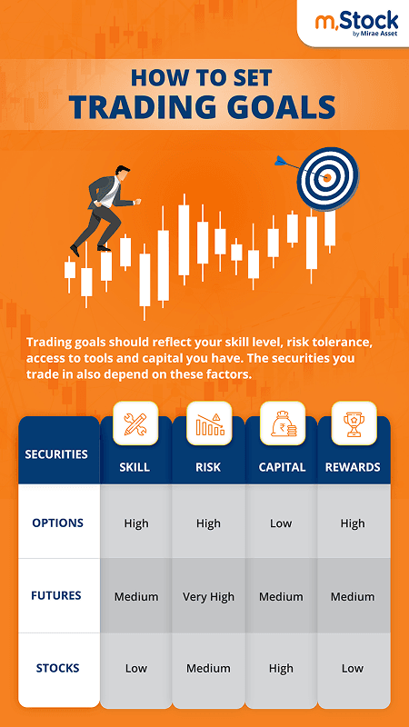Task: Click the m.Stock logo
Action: coord(355,23)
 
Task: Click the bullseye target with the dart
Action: coord(328,178)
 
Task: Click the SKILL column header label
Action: coord(135,468)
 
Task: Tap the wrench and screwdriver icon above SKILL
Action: coord(135,423)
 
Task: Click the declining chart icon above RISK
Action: coord(208,423)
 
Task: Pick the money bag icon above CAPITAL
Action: coord(281,423)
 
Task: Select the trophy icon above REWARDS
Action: coord(353,423)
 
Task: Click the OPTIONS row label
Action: coord(57,523)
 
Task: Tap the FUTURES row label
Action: coord(57,595)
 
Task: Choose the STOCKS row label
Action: coord(57,668)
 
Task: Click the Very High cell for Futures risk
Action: coord(208,597)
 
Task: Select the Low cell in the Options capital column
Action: coord(281,523)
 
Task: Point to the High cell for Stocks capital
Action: coord(281,669)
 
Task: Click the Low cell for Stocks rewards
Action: coord(353,669)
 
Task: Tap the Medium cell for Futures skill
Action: coord(136,597)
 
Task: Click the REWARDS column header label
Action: coord(353,468)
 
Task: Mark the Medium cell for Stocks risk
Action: coord(208,669)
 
